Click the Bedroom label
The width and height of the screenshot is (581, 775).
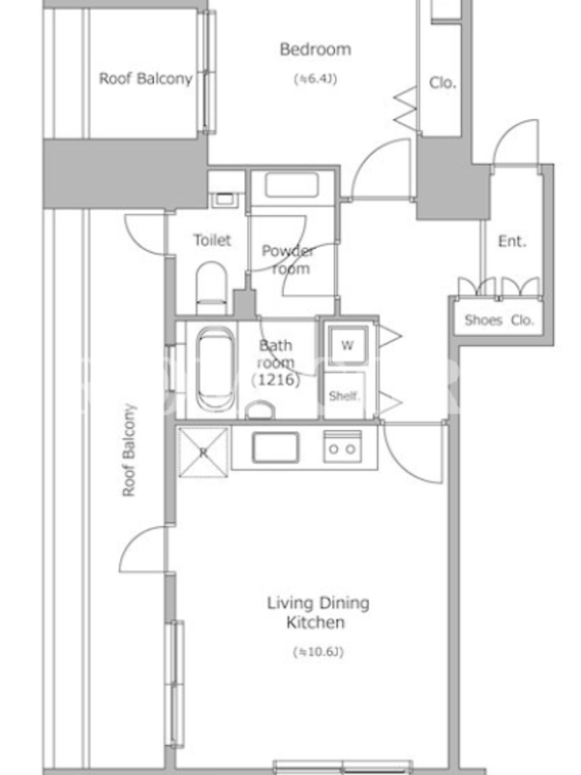click(316, 49)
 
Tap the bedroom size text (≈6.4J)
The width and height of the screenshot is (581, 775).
click(316, 78)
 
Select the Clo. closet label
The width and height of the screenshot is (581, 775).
click(442, 82)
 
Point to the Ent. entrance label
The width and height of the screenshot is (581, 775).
click(512, 241)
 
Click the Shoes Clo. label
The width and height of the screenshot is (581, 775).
click(499, 321)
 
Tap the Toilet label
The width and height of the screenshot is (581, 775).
click(212, 240)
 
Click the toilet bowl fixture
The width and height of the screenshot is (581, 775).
click(211, 288)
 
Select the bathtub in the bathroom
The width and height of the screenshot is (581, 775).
click(215, 369)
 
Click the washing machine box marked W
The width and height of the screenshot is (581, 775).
click(348, 345)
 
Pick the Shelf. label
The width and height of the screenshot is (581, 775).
click(345, 396)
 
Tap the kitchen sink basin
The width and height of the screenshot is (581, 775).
click(275, 448)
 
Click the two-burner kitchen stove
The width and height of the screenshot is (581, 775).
click(343, 447)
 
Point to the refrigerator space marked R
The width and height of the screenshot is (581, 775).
click(203, 452)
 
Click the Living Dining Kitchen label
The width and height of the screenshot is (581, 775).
click(319, 612)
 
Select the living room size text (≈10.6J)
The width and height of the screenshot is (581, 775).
click(319, 652)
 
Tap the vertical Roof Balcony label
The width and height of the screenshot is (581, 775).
click(129, 450)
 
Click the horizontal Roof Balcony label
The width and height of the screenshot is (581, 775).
click(146, 78)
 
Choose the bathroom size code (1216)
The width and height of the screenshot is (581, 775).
click(276, 380)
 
